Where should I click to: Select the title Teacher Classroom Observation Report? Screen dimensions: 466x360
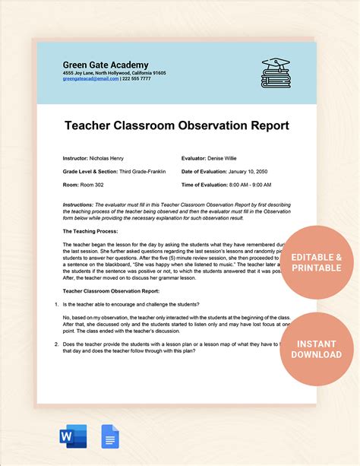tap(176, 123)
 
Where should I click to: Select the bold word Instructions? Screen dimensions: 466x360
tap(77, 204)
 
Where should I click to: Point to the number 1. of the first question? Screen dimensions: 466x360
tap(55, 303)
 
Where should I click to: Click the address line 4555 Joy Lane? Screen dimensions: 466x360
tap(114, 73)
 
